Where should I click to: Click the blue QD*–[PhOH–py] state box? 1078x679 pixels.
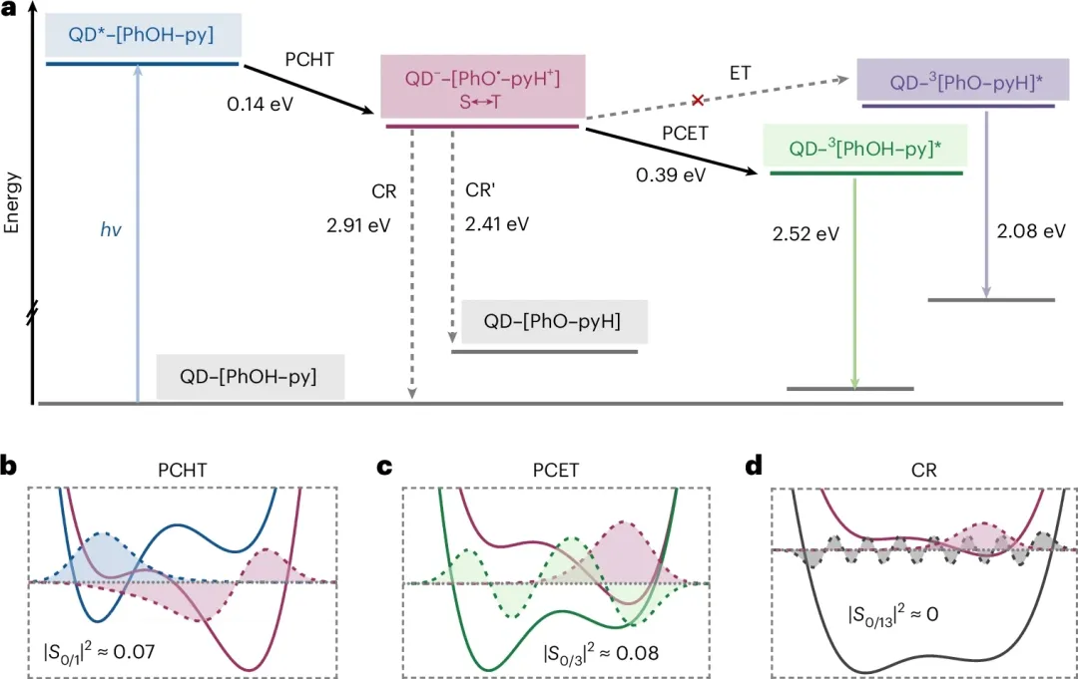(142, 35)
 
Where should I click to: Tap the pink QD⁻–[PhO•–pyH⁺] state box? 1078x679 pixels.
(482, 88)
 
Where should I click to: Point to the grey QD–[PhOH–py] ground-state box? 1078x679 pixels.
(249, 376)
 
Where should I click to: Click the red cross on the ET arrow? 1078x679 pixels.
(699, 101)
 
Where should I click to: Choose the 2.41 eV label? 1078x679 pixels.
(496, 223)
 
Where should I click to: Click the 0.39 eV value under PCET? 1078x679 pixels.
(672, 174)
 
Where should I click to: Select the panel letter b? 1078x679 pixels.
(10, 465)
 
